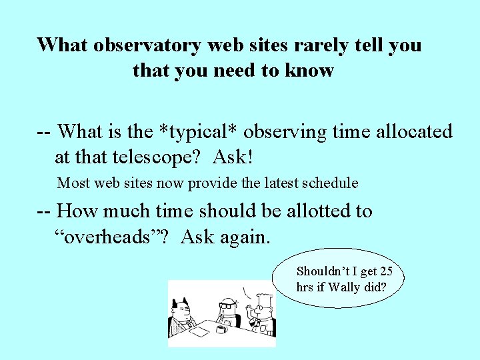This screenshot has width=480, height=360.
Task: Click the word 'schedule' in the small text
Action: coord(330,183)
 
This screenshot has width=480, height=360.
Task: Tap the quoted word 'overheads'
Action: coord(114,237)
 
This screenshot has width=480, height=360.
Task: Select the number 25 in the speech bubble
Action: coord(385,271)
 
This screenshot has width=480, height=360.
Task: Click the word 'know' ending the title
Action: coord(311,70)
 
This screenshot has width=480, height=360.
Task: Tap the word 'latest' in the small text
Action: coord(274,183)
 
